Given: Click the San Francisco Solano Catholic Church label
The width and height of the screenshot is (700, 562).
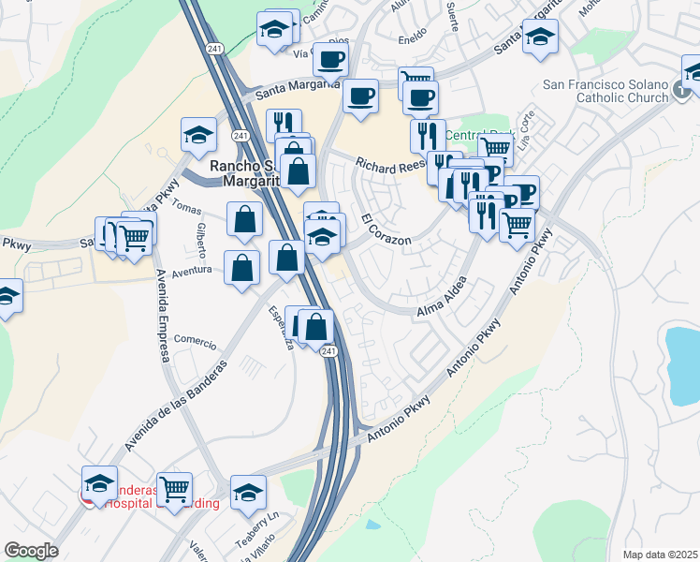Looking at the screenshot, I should point(606,91).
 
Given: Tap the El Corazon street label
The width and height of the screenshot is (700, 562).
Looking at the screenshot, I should point(386,230).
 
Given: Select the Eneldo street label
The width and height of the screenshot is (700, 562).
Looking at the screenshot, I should point(413,40).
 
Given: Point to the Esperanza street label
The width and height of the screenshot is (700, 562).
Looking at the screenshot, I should point(282,326).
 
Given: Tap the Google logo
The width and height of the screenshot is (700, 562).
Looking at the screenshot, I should point(31,551).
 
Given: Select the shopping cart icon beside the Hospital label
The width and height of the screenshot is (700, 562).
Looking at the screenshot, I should point(175,489).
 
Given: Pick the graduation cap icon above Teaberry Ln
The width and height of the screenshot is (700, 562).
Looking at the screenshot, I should point(249,492).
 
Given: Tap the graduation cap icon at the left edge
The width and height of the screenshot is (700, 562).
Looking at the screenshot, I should point(6,295).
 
